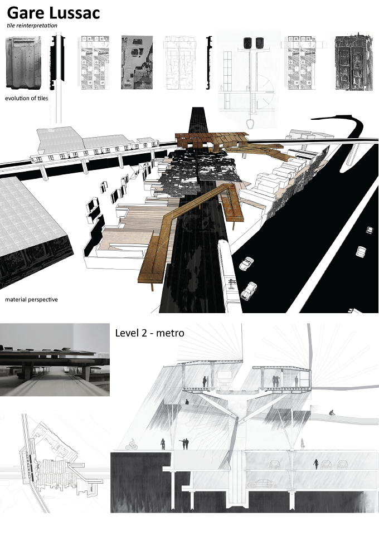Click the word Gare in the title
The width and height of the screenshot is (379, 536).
26,13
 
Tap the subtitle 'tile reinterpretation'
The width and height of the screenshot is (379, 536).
32,26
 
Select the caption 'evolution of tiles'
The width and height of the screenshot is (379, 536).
27,98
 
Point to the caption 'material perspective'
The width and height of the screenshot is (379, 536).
31,299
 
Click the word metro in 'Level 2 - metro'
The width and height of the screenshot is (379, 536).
170,333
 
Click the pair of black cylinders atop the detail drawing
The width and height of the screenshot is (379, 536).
253,42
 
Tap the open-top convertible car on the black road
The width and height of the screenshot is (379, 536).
247,263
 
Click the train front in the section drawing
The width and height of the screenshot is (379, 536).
223,380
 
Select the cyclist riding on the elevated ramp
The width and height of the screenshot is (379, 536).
332,415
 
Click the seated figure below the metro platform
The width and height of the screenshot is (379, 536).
187,402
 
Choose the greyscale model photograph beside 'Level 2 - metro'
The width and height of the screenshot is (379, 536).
55,360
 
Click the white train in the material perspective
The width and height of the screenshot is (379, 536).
227,274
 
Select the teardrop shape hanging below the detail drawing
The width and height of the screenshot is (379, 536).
250,123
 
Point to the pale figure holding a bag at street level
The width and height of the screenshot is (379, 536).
303,444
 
